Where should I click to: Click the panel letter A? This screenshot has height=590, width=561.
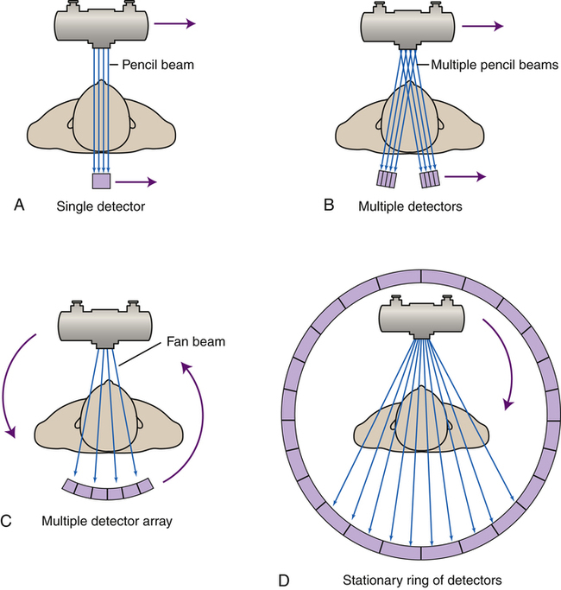(x=18, y=205)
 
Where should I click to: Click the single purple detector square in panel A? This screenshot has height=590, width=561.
(x=102, y=182)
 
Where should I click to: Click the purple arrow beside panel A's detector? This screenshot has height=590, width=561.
(x=138, y=182)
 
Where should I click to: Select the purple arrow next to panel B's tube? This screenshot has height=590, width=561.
(x=481, y=26)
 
